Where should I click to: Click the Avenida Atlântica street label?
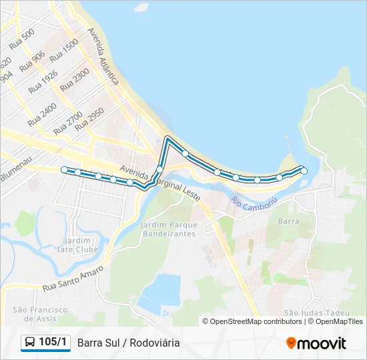click(x=103, y=56)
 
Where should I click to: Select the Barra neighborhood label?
click(x=288, y=221)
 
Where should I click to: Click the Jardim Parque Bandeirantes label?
click(x=168, y=230)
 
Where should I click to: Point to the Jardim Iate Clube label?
click(x=79, y=245)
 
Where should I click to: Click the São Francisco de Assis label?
click(x=40, y=314)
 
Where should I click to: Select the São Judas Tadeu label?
click(x=308, y=313)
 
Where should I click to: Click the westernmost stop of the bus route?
click(x=64, y=170)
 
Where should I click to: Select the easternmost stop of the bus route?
click(x=304, y=171)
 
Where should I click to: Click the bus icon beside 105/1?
click(x=30, y=343)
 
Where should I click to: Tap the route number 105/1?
click(x=53, y=343)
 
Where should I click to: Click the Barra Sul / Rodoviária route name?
click(x=128, y=343)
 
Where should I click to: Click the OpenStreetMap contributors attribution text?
click(x=256, y=321)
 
